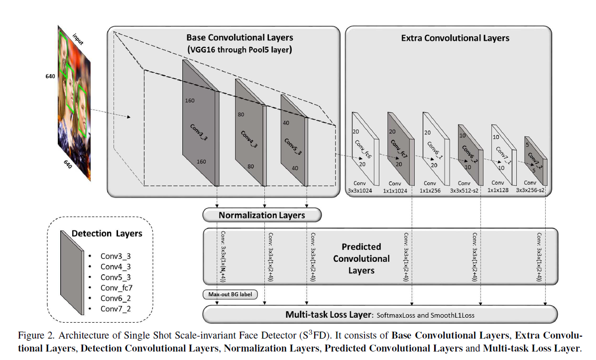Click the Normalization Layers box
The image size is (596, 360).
point(262,215)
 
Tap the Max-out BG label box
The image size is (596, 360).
point(230,294)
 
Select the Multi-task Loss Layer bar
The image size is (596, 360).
point(380,314)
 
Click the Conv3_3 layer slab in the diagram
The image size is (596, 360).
point(201,123)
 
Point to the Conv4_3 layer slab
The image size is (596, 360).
point(250,132)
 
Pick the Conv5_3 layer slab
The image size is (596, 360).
point(294,140)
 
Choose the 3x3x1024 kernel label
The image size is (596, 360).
point(360,190)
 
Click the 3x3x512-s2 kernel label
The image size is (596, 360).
point(464,190)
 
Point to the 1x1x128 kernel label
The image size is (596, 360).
point(498,190)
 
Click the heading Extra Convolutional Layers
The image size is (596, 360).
point(455,38)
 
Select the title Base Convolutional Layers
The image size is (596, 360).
point(239,38)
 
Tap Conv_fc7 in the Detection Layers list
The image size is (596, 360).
point(117,288)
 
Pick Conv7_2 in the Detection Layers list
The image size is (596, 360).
point(116,309)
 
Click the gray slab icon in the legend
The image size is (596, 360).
point(72,272)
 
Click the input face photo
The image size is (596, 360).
point(74,103)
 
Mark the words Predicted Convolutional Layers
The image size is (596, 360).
point(361,258)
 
